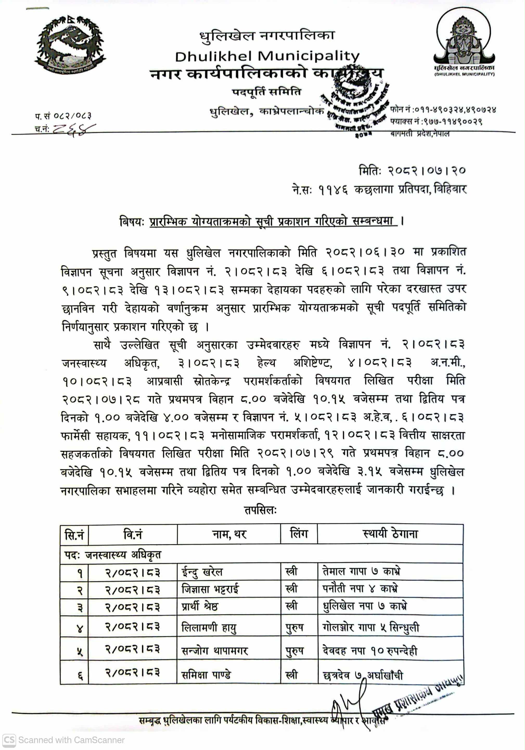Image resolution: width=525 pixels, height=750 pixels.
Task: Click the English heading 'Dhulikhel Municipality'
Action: point(267,56)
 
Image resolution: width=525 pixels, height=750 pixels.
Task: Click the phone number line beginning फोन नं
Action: point(443,109)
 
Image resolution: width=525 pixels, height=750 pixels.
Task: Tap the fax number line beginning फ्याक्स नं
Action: point(436,122)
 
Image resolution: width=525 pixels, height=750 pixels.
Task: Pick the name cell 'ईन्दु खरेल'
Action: point(202,572)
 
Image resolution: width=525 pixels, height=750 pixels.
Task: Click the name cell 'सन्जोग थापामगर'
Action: point(215,650)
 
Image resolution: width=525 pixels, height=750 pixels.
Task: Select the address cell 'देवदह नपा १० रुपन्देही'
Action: point(370,650)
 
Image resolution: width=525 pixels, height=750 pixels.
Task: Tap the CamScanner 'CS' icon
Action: point(9,740)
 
